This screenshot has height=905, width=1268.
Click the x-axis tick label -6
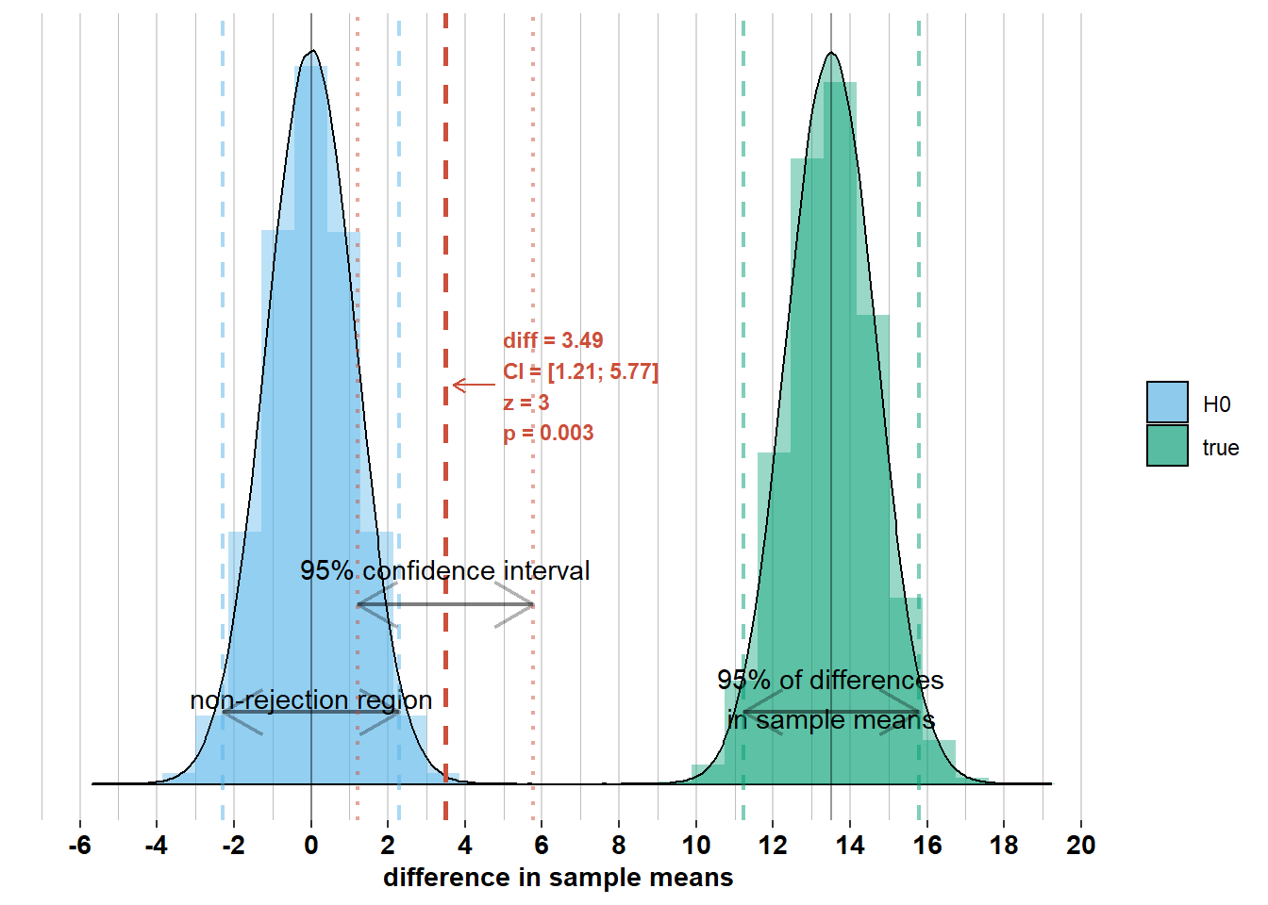[x=80, y=845]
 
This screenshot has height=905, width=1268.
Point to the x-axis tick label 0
[x=311, y=845]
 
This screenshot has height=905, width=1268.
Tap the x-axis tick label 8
[x=619, y=845]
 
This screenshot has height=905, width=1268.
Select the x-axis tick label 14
[x=849, y=845]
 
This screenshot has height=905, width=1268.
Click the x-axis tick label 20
[x=1080, y=845]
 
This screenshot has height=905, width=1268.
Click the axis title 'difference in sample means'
[x=558, y=878]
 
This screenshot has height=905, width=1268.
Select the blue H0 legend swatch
[x=1167, y=403]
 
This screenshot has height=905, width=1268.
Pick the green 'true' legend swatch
[x=1167, y=446]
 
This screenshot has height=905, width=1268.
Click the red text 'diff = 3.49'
[x=553, y=340]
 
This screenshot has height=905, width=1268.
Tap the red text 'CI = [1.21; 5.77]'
[x=580, y=371]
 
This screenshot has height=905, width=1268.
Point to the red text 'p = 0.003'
[x=548, y=433]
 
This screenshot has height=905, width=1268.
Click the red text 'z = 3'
[x=526, y=403]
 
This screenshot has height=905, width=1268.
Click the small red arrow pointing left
[x=473, y=385]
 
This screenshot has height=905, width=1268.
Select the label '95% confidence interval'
[x=444, y=570]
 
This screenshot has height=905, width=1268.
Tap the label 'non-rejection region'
[x=311, y=699]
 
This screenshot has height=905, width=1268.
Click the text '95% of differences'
[x=830, y=680]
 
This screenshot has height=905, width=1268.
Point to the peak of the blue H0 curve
[x=312, y=51]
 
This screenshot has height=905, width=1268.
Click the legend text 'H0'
[x=1216, y=404]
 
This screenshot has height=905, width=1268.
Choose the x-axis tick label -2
[x=233, y=845]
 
